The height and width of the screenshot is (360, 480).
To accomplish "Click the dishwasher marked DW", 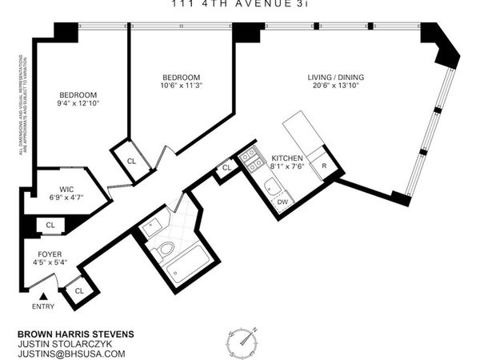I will pyautogui.click(x=282, y=202).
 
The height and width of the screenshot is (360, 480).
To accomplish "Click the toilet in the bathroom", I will pyautogui.click(x=166, y=250).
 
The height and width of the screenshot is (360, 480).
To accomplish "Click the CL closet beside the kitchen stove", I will pyautogui.click(x=226, y=168).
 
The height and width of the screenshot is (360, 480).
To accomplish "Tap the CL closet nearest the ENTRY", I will pyautogui.click(x=79, y=290).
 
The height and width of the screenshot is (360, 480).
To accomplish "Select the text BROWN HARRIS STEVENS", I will pyautogui.click(x=75, y=334).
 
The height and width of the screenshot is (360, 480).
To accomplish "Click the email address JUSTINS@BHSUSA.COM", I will pyautogui.click(x=71, y=354).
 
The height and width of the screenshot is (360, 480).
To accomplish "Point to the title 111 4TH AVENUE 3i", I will pyautogui.click(x=239, y=4).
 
